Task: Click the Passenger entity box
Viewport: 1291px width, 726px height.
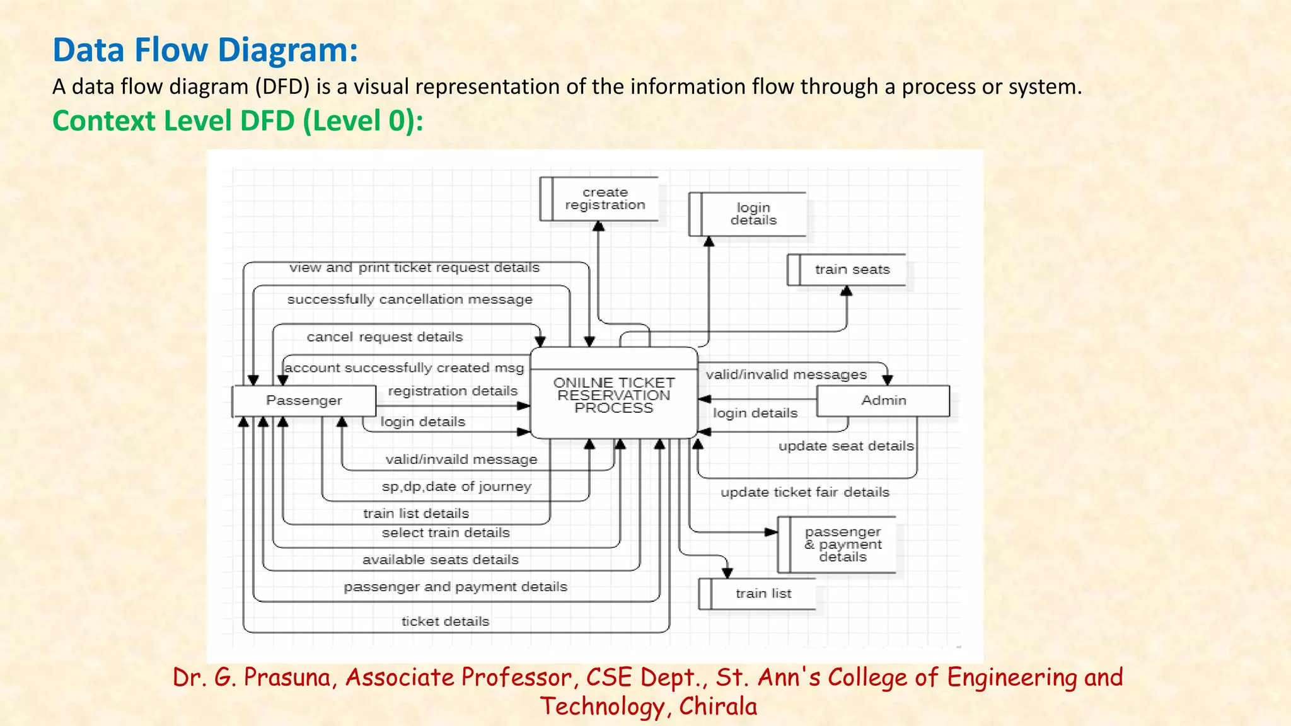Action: point(304,401)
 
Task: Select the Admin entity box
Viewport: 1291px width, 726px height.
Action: point(883,401)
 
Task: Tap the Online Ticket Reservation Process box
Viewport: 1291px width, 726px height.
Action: point(613,395)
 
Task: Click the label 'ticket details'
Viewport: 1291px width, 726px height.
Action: point(445,621)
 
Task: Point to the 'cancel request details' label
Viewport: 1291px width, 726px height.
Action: point(385,337)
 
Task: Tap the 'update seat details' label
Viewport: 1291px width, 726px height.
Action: point(845,446)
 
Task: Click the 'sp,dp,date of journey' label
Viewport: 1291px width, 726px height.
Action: point(456,487)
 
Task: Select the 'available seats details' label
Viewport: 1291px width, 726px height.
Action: point(440,560)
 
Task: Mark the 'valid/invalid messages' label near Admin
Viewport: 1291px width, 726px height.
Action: point(786,375)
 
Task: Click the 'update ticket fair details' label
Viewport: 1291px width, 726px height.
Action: point(805,492)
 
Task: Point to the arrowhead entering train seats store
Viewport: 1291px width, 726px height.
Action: point(847,291)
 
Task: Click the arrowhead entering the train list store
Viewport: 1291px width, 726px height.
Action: point(727,573)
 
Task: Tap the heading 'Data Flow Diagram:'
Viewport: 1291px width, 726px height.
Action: point(205,50)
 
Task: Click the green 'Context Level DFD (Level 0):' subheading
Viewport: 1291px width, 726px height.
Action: point(238,120)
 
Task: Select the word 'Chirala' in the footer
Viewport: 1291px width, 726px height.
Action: point(718,706)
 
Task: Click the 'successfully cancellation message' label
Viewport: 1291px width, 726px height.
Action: point(410,299)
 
